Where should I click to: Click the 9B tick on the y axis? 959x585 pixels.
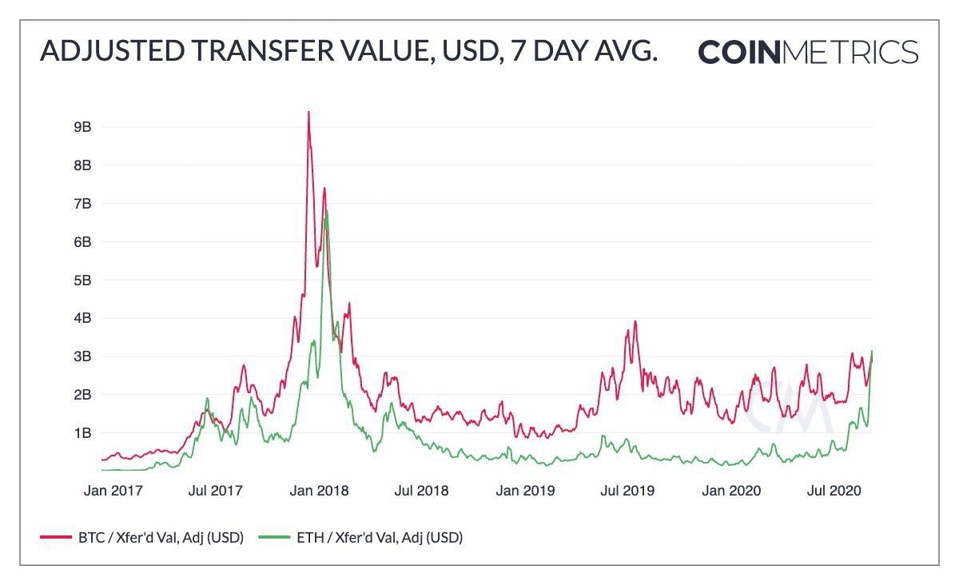83,127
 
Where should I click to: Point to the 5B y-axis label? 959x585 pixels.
83,281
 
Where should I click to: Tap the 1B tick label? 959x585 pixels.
83,433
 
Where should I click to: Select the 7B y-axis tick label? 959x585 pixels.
83,204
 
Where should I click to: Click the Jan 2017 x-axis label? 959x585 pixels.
113,490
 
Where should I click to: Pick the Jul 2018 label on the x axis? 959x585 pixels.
420,490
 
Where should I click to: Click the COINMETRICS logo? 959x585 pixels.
807,52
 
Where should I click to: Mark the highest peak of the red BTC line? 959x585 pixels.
308,112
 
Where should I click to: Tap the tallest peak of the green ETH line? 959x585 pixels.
326,210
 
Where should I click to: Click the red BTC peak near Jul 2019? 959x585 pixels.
635,321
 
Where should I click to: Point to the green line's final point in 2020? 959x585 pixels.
872,352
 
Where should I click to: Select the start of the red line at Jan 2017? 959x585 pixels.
102,460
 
